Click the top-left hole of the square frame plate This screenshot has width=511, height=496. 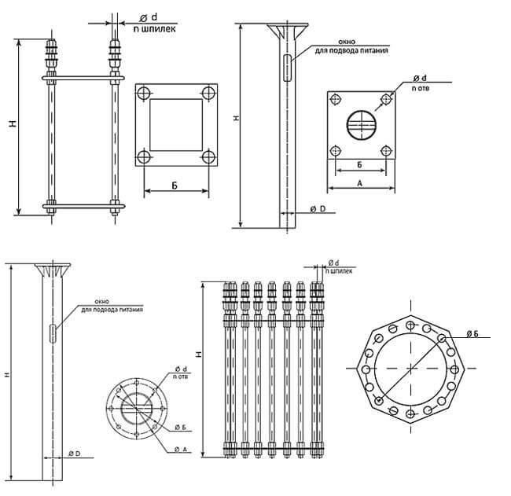pyautogui.click(x=143, y=93)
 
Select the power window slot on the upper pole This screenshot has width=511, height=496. pyautogui.click(x=287, y=65)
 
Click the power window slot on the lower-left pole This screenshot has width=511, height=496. pyautogui.click(x=53, y=333)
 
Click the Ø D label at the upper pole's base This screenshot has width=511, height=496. pyautogui.click(x=317, y=209)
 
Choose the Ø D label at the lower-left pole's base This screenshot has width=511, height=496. pyautogui.click(x=76, y=454)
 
